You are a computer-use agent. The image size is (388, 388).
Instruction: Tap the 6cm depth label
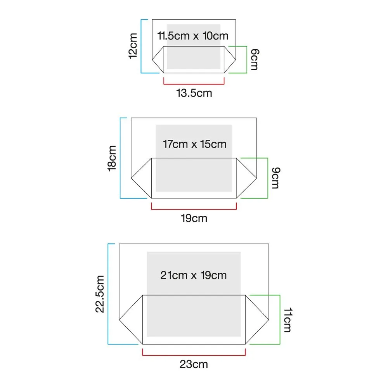254,60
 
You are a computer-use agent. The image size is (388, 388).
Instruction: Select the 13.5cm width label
194,93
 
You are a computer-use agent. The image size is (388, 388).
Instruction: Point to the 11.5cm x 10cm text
193,36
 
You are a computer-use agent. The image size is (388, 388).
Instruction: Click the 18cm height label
113,158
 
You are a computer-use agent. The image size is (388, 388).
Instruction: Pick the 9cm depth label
275,178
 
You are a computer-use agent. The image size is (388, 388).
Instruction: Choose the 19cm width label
194,218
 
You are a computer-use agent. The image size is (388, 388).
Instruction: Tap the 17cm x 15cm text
194,144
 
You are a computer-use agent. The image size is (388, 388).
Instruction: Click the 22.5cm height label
100,294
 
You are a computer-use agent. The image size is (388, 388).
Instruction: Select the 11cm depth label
287,320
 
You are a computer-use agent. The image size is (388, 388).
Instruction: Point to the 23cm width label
194,364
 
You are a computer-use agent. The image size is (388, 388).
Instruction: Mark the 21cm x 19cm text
193,275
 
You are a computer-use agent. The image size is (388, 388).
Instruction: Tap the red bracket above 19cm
194,209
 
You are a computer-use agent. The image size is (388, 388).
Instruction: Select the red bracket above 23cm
194,354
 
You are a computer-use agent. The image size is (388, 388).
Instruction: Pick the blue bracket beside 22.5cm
108,294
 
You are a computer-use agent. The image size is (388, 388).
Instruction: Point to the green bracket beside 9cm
268,178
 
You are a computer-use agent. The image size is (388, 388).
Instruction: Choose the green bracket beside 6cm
247,59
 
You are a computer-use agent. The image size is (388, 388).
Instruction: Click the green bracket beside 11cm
280,319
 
